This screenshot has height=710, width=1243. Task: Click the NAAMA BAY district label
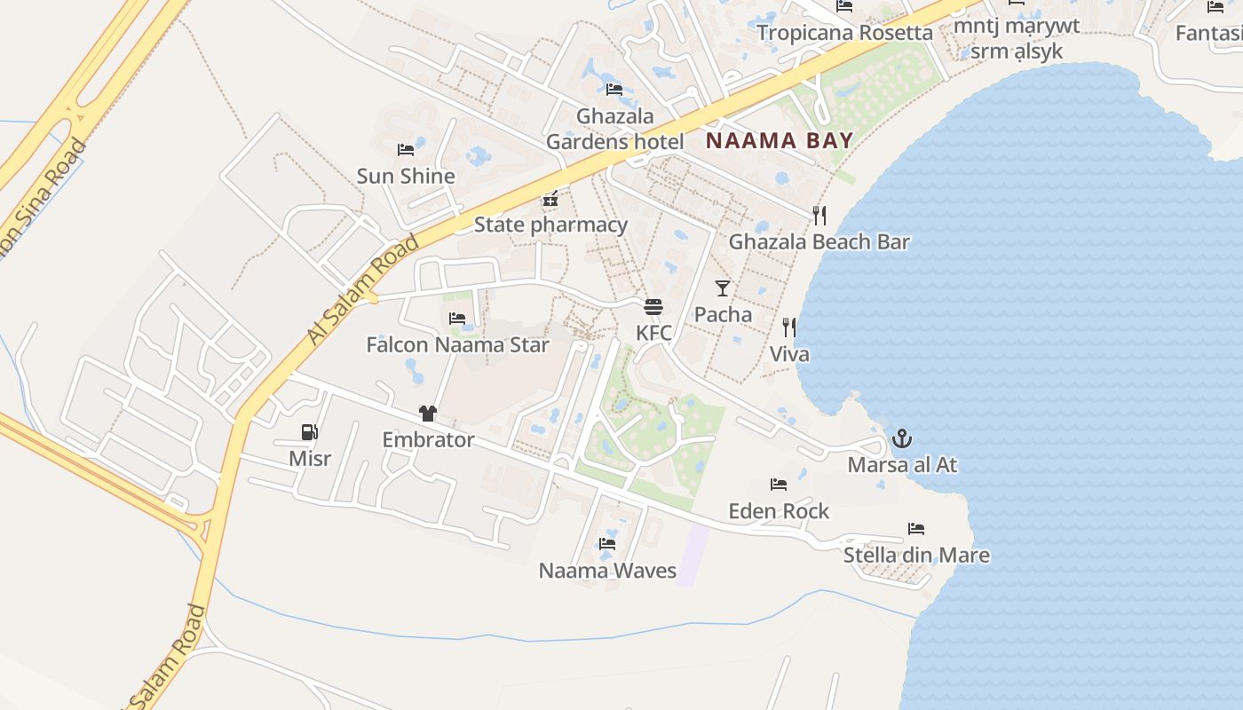pyautogui.click(x=779, y=140)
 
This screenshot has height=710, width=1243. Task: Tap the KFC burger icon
pyautogui.click(x=653, y=308)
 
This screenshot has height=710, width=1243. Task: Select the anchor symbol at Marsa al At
pyautogui.click(x=902, y=438)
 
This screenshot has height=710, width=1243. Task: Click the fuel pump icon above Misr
pyautogui.click(x=310, y=432)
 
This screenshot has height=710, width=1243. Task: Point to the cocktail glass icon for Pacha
pyautogui.click(x=723, y=288)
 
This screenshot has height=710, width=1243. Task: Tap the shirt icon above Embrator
pyautogui.click(x=428, y=414)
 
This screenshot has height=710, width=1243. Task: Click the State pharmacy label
pyautogui.click(x=550, y=225)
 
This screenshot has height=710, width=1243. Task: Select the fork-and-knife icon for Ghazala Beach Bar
pyautogui.click(x=819, y=215)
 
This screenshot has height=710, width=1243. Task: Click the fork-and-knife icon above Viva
pyautogui.click(x=788, y=327)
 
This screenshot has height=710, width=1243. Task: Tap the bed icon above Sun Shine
pyautogui.click(x=406, y=150)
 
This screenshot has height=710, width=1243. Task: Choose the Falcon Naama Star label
pyautogui.click(x=457, y=344)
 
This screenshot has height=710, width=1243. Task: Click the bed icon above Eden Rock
pyautogui.click(x=779, y=485)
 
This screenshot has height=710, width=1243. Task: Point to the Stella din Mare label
pyautogui.click(x=916, y=556)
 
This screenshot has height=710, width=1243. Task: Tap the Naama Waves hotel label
pyautogui.click(x=607, y=571)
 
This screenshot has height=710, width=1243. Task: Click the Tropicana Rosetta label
pyautogui.click(x=844, y=33)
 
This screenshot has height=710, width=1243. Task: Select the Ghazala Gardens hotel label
pyautogui.click(x=614, y=129)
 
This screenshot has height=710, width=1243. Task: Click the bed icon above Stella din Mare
pyautogui.click(x=916, y=529)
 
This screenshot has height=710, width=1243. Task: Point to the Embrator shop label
pyautogui.click(x=428, y=439)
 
